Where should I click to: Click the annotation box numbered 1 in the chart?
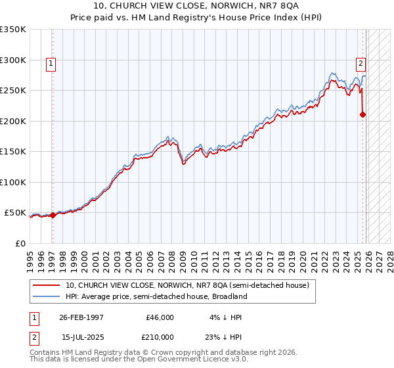pyautogui.click(x=51, y=64)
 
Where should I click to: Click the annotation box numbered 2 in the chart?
pyautogui.click(x=361, y=64)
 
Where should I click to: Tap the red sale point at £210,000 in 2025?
pyautogui.click(x=363, y=114)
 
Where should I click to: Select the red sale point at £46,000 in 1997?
pyautogui.click(x=53, y=215)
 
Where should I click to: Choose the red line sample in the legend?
pyautogui.click(x=47, y=285)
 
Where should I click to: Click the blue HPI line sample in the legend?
pyautogui.click(x=47, y=296)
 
